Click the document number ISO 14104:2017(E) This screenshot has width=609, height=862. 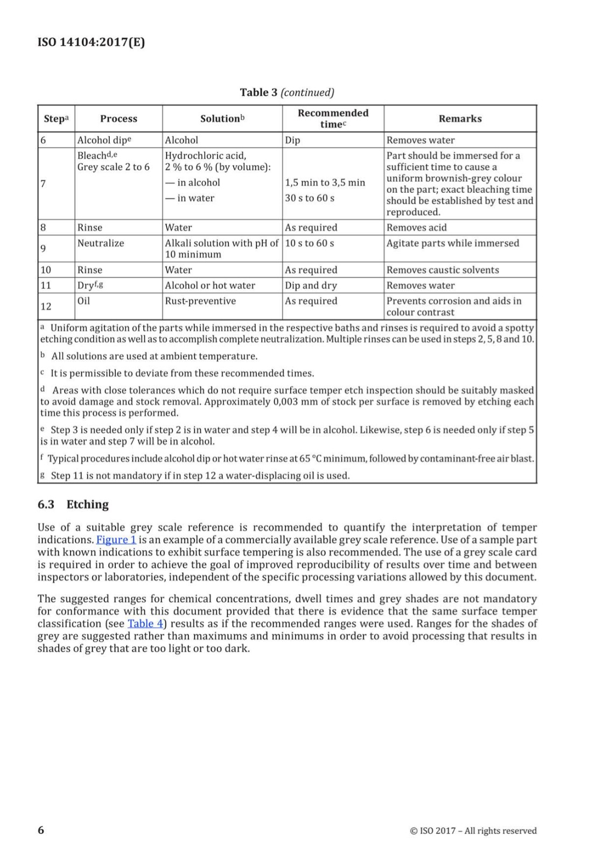[x=91, y=42]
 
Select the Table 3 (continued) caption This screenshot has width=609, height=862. [x=287, y=92]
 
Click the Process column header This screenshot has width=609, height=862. [x=118, y=119]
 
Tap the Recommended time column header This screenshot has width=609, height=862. [x=333, y=119]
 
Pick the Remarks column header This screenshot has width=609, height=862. [x=460, y=119]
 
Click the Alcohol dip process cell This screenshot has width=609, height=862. [x=104, y=140]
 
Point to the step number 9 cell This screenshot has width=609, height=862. [x=43, y=248]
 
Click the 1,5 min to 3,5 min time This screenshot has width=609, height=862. [x=325, y=183]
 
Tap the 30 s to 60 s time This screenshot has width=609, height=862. [x=310, y=198]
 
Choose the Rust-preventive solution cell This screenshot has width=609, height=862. [x=200, y=301]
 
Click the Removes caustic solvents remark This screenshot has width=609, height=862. [x=443, y=270]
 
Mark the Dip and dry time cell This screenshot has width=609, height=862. [x=311, y=286]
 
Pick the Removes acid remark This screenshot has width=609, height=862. [x=416, y=227]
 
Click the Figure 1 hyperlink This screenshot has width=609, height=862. [x=116, y=540]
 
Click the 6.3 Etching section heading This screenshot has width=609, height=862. [x=73, y=504]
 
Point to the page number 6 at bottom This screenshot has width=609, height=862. [x=41, y=830]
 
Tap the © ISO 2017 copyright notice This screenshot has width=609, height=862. [x=473, y=831]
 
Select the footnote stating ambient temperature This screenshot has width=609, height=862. [x=154, y=356]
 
